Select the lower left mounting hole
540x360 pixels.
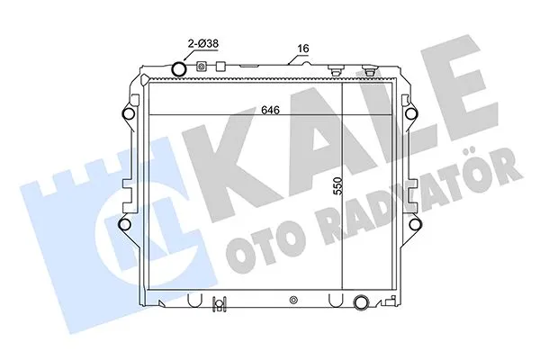(125, 224)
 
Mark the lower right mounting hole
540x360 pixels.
(415, 224)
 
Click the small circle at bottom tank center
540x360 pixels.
(292, 301)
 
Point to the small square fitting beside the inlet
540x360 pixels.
(202, 67)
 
